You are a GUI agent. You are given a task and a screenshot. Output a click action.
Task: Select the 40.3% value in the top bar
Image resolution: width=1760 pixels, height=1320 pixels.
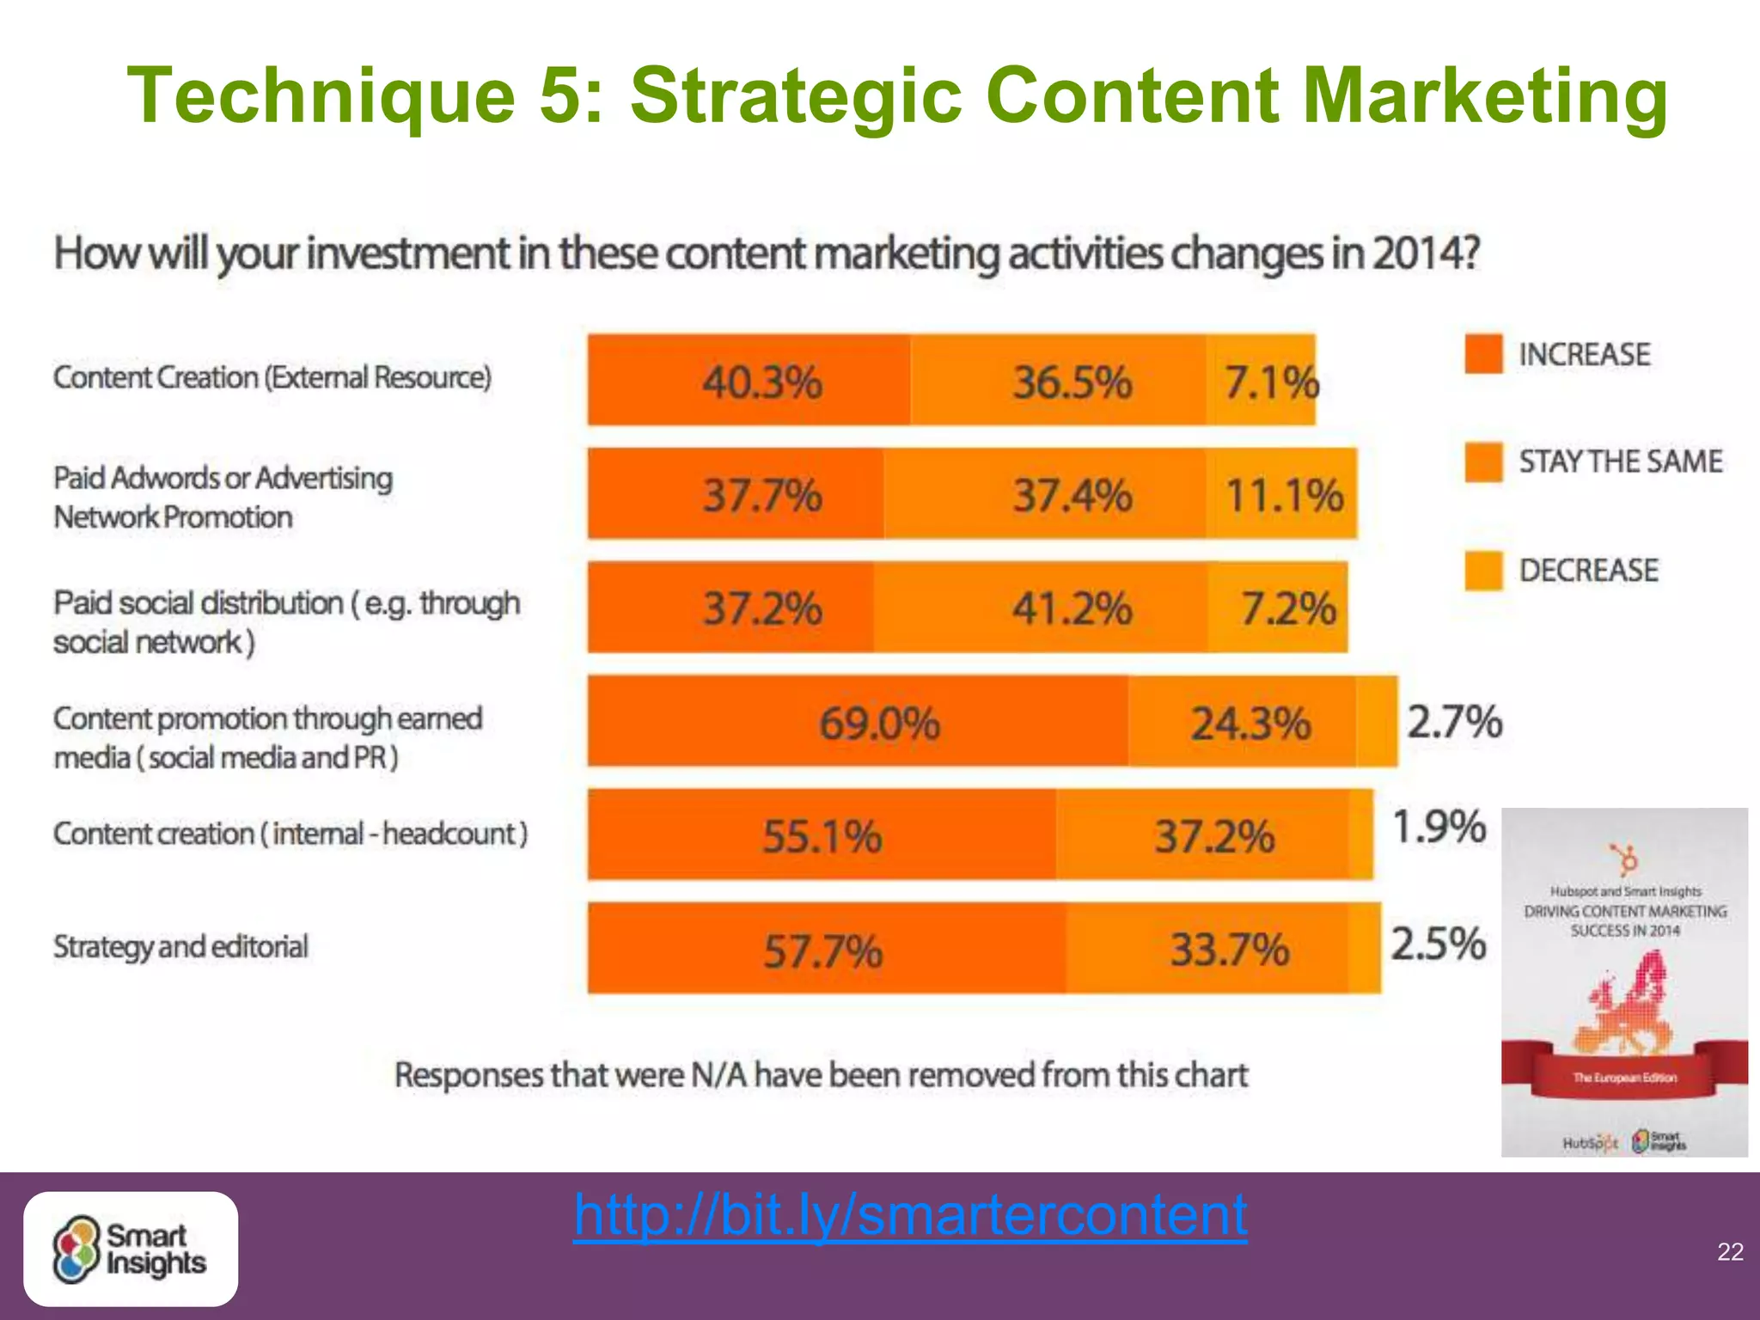click(x=762, y=382)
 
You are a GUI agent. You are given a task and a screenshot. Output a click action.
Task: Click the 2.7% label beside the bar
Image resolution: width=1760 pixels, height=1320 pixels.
click(x=1454, y=721)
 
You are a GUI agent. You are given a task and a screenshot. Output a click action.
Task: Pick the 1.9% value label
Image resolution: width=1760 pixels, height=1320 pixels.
click(x=1439, y=827)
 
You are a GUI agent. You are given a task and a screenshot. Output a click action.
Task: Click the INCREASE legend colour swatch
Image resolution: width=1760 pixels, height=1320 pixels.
click(x=1483, y=354)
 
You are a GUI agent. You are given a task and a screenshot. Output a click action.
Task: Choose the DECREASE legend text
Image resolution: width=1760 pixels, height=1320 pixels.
click(x=1588, y=571)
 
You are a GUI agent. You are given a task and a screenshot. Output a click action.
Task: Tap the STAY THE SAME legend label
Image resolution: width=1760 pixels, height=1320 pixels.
click(x=1620, y=461)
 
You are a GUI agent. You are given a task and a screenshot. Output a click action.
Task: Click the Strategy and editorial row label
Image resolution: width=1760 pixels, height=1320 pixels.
click(x=180, y=946)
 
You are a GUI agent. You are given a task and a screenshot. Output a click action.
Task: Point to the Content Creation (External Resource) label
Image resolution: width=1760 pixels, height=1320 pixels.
click(x=272, y=377)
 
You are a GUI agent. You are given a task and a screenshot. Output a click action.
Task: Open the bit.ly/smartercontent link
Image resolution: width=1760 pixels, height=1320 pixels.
click(x=910, y=1215)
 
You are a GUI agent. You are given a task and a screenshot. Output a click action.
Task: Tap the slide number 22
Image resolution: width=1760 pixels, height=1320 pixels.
click(x=1730, y=1251)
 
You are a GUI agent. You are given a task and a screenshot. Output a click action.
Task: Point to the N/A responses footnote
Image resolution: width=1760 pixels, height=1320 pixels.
click(x=821, y=1075)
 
